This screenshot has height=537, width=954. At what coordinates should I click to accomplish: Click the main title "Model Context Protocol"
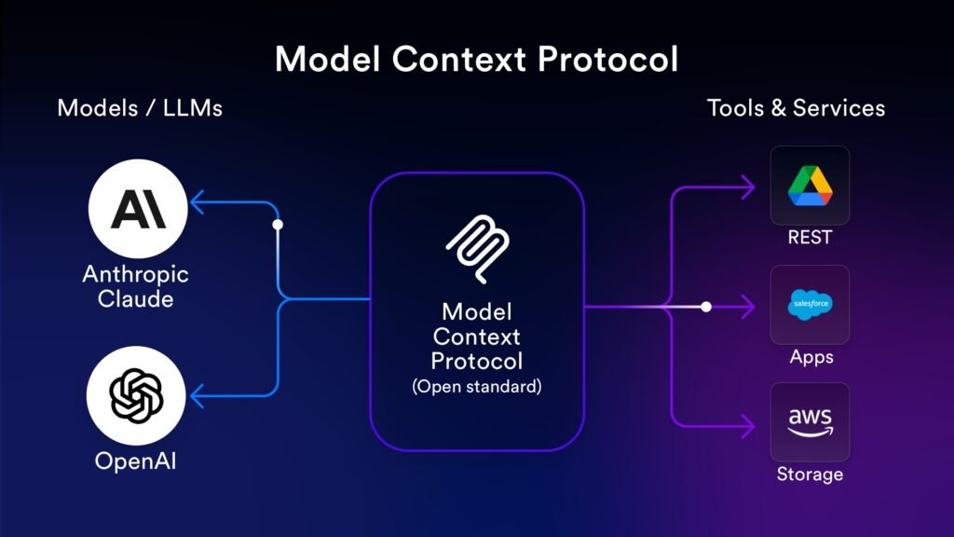[x=476, y=60]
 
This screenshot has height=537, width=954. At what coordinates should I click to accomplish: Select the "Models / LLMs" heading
[x=140, y=108]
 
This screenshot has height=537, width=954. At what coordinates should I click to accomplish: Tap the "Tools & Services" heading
[x=796, y=108]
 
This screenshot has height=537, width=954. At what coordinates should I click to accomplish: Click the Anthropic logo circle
[x=138, y=210]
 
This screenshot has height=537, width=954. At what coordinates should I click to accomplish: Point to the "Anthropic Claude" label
[x=136, y=287]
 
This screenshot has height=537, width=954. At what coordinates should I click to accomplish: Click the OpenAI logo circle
[x=136, y=396]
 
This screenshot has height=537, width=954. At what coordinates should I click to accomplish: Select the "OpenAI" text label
[x=136, y=461]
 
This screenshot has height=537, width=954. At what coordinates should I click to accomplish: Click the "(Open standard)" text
[x=477, y=386]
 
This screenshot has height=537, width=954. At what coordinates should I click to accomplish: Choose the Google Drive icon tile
[x=810, y=185]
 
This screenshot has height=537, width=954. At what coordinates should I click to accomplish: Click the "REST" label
[x=810, y=238]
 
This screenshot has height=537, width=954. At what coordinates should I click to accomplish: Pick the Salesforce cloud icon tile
[x=810, y=304]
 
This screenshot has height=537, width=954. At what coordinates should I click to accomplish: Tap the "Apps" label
[x=811, y=357]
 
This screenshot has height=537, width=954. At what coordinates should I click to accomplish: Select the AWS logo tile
[x=810, y=421]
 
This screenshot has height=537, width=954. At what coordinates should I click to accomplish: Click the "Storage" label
[x=810, y=475]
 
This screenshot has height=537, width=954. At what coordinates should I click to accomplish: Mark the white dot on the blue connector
[x=278, y=225]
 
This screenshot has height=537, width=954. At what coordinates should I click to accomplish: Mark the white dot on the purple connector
[x=706, y=306]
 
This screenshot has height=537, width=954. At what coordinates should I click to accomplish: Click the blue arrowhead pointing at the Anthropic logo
[x=197, y=202]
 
